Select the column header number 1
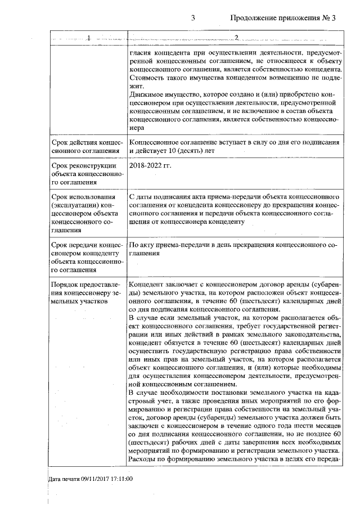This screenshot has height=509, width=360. (x=88, y=38)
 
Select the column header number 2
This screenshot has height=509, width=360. (x=236, y=38)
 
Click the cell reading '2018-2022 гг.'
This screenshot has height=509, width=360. (x=150, y=166)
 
